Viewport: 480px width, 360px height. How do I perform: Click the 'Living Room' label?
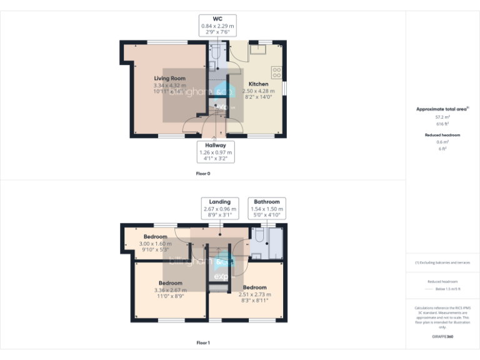[169, 78]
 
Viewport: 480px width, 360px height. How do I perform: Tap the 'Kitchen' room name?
[259, 84]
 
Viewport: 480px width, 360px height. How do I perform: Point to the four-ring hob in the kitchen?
[276, 72]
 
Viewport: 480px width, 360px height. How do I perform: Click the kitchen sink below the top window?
[256, 49]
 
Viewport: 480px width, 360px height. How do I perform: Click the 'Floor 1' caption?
[203, 342]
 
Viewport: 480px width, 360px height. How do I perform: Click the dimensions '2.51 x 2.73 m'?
[255, 294]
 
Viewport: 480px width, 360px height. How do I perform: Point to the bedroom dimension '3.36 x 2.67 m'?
[171, 290]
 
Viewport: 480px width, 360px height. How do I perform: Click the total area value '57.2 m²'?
[442, 117]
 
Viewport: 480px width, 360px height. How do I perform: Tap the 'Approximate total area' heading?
[441, 109]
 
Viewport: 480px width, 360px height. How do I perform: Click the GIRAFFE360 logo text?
[442, 337]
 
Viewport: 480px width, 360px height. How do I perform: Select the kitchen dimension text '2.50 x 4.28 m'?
[259, 91]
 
